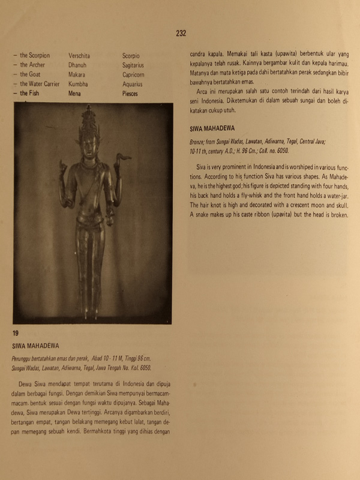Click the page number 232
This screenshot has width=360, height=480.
point(181,34)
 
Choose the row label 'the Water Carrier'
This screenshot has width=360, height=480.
point(40,84)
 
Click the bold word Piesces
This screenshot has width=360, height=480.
point(130,94)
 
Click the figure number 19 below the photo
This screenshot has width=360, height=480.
point(16,333)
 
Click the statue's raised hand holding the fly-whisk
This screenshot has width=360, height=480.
point(124,159)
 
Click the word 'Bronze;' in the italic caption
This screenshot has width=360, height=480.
point(199,142)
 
